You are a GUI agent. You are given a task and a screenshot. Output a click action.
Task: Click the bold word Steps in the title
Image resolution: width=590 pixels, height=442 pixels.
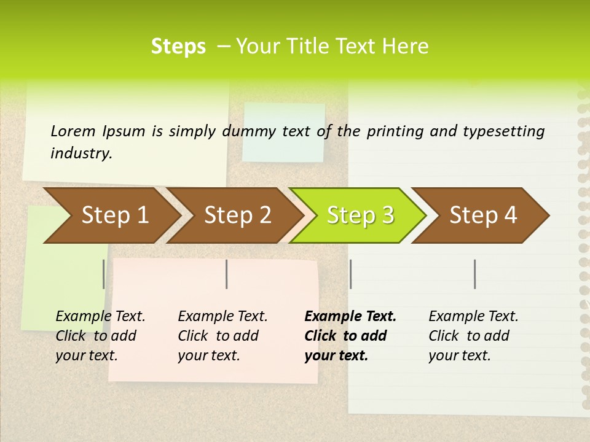(178, 47)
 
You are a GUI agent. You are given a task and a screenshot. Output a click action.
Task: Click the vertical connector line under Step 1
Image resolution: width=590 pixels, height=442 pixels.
(104, 274)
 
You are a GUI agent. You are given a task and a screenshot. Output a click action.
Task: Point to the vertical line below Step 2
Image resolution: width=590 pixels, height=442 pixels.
(227, 274)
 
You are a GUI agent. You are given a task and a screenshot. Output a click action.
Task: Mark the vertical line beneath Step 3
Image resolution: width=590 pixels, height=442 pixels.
(350, 274)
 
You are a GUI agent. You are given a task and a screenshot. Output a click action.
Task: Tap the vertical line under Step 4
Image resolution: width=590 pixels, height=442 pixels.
(475, 274)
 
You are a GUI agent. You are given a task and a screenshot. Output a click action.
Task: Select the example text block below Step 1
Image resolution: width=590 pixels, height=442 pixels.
(100, 336)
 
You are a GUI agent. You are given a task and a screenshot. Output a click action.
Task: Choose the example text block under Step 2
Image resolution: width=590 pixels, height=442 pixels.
(222, 336)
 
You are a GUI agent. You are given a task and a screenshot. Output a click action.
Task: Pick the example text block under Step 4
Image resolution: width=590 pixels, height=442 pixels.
(473, 336)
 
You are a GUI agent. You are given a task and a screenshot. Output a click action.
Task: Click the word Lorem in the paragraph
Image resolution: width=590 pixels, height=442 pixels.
(73, 131)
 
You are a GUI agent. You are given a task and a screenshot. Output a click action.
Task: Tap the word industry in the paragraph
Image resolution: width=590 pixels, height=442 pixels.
(81, 153)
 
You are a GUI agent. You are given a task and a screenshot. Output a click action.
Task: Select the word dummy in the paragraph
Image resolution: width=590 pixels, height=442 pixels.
(248, 131)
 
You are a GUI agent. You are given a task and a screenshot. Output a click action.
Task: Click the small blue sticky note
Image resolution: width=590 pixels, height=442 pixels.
(283, 132)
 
